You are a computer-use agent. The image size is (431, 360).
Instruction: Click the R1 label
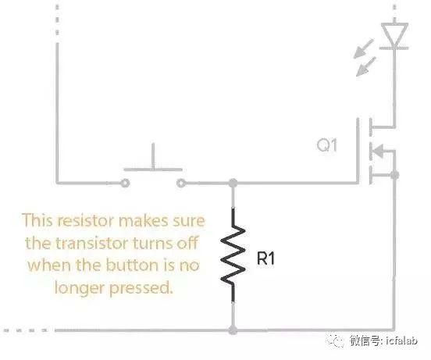265,258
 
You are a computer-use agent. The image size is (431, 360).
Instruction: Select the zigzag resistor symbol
233,255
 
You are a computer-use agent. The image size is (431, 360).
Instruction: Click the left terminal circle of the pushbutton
126,183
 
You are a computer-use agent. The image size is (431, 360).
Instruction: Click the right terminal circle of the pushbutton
180,183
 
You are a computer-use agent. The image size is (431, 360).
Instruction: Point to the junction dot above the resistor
233,183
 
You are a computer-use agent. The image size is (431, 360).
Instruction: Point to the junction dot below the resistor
233,330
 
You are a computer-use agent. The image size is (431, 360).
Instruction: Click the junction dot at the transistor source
395,175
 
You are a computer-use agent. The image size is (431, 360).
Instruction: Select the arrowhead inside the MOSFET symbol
379,151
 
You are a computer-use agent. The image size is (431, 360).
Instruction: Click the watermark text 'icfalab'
401,340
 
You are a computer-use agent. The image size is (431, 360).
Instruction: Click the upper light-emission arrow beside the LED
363,49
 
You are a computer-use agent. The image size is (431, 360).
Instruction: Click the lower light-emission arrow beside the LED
366,66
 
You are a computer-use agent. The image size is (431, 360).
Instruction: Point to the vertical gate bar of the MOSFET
358,151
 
